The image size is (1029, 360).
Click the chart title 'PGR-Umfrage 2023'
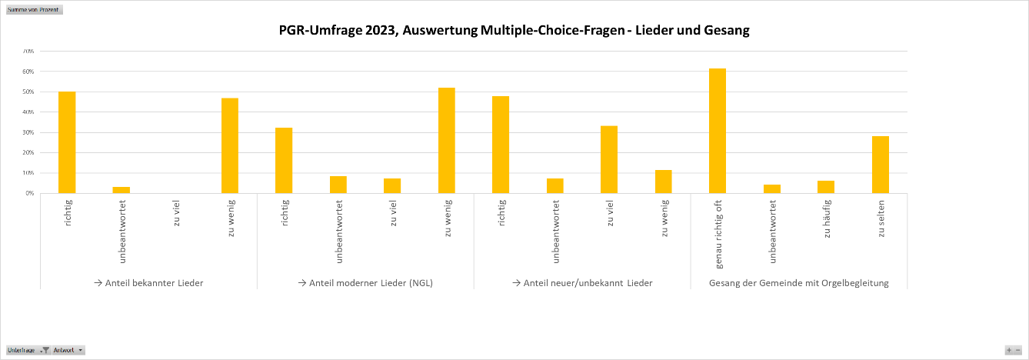tap(514, 31)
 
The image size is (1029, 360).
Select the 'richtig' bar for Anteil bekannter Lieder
tap(67, 142)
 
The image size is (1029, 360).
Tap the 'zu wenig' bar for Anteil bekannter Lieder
tap(230, 145)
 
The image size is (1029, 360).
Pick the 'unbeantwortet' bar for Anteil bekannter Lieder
tap(122, 190)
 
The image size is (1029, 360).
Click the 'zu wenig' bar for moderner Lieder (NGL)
tap(447, 141)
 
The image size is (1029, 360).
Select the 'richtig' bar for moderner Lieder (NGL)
tap(284, 160)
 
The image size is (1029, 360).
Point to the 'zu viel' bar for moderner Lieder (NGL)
tap(392, 186)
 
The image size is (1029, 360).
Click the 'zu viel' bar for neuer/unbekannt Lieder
tap(609, 159)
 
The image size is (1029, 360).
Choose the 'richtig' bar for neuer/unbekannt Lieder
tap(501, 145)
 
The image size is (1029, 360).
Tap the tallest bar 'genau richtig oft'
tap(718, 131)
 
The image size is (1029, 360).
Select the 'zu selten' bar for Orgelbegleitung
tap(881, 165)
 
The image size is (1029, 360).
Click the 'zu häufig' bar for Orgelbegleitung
tap(826, 187)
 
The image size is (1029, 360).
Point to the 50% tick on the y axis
tap(28, 92)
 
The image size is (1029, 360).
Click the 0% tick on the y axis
tap(29, 193)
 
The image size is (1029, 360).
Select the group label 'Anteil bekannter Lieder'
tap(148, 283)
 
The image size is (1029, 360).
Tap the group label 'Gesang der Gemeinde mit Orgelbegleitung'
tap(799, 283)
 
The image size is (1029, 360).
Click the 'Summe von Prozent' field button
tap(33, 10)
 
